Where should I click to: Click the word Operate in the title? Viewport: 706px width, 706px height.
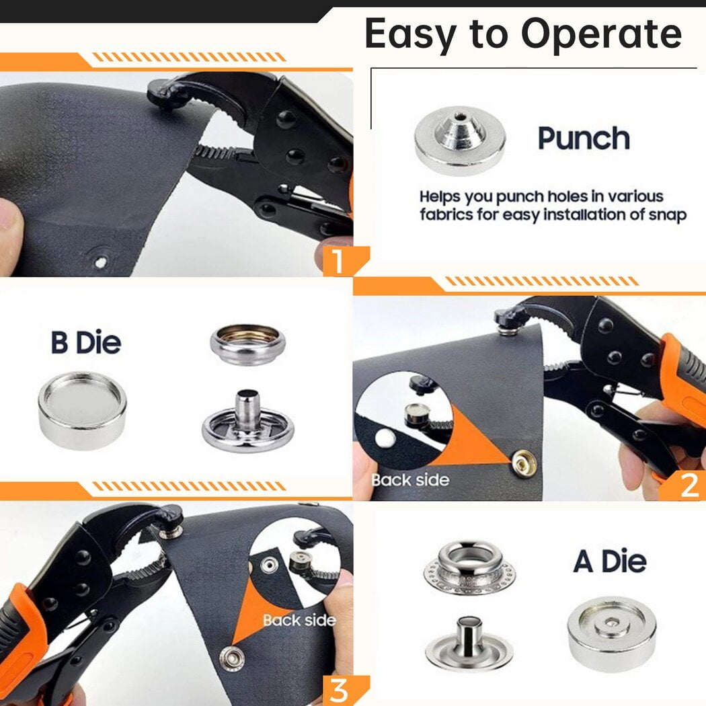pyautogui.click(x=601, y=35)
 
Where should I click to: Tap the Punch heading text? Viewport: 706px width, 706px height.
pyautogui.click(x=584, y=138)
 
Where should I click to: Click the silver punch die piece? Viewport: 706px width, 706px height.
pyautogui.click(x=460, y=140)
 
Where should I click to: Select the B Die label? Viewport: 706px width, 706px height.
pyautogui.click(x=86, y=343)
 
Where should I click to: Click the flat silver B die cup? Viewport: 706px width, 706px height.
pyautogui.click(x=83, y=410)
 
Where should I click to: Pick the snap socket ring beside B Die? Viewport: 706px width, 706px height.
pyautogui.click(x=248, y=344)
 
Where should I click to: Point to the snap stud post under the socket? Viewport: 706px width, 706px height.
pyautogui.click(x=247, y=422)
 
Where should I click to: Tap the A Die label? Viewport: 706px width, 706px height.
pyautogui.click(x=610, y=561)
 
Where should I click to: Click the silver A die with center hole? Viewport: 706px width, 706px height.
pyautogui.click(x=611, y=629)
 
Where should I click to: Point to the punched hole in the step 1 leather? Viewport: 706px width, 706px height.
pyautogui.click(x=100, y=261)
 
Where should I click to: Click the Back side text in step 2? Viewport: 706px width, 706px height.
pyautogui.click(x=410, y=479)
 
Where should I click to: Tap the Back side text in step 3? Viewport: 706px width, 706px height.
pyautogui.click(x=299, y=620)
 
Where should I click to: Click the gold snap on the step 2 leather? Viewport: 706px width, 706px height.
pyautogui.click(x=524, y=463)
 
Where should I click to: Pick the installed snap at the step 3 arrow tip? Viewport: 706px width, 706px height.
pyautogui.click(x=230, y=657)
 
